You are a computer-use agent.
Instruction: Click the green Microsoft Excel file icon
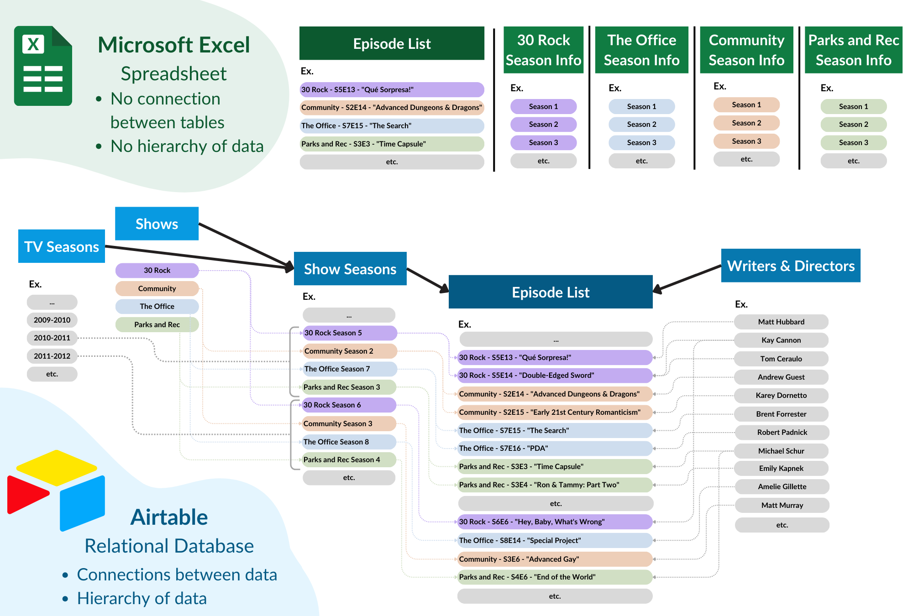point(43,66)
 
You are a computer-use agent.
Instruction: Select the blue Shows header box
point(157,224)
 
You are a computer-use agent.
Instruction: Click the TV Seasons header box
point(62,246)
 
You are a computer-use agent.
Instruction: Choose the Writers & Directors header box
point(791,266)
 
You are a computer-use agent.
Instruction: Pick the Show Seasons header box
point(350,269)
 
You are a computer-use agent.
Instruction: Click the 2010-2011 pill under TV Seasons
point(52,338)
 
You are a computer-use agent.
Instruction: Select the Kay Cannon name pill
point(781,340)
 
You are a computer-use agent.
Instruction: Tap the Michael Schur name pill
point(781,451)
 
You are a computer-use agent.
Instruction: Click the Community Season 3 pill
point(349,423)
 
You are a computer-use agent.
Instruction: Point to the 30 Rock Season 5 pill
point(349,333)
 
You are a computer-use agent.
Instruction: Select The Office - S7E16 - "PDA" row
point(555,448)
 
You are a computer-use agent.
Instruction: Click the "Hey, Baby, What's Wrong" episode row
point(555,522)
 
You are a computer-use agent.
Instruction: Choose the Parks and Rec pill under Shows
point(157,324)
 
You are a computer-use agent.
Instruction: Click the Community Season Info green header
point(746,50)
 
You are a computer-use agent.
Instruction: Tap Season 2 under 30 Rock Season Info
point(543,124)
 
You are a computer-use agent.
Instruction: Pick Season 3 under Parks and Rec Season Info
point(853,142)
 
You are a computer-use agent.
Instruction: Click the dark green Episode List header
point(392,43)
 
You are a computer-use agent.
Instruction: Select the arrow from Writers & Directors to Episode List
point(687,278)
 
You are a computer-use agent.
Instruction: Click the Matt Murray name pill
point(782,505)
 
